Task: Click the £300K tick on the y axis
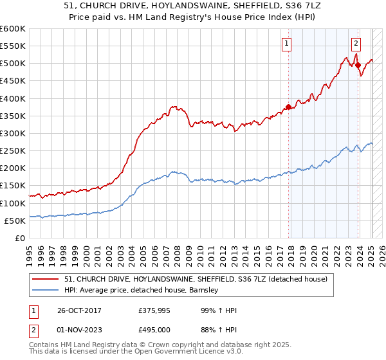tap(13, 133)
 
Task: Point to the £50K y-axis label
tap(15, 221)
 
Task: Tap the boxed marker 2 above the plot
tap(356, 44)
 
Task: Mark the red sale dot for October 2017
tap(288, 107)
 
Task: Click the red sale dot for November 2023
tap(358, 65)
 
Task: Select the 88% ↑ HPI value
tap(218, 329)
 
